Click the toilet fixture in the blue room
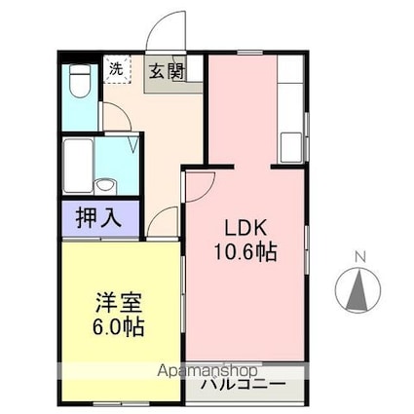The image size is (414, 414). pos(80,81)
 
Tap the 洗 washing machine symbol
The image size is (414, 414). pos(117,69)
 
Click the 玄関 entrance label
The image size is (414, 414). pos(167,72)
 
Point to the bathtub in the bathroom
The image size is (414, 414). pos(78,166)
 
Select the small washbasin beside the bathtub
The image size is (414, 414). pos(105,186)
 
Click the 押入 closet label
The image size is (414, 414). pos(98,218)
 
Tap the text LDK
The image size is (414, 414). pos(245,228)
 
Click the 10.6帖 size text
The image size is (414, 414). pos(245,252)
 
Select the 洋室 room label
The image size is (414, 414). pos(118,303)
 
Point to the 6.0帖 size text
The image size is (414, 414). pos(118,326)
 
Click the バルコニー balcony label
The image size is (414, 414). pos(244,385)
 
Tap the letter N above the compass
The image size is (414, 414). pos(360,257)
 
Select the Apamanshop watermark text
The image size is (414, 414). pos(207,371)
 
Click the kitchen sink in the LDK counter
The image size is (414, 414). pos(291,147)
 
